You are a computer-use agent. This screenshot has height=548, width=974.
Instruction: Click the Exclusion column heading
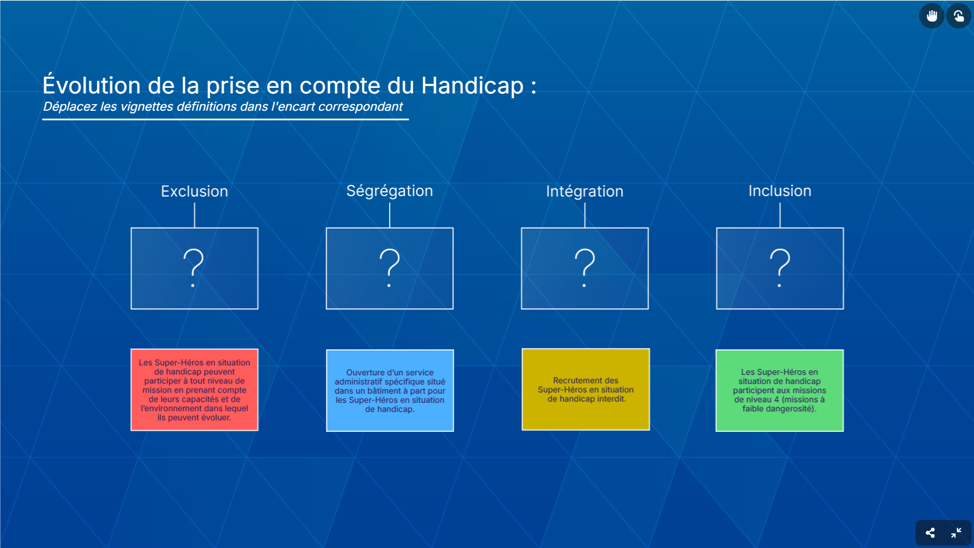click(x=194, y=191)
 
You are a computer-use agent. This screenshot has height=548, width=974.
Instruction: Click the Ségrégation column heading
click(x=389, y=191)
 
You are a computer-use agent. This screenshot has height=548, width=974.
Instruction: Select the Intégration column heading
click(x=585, y=191)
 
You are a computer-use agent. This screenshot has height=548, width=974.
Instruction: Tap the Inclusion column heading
click(x=780, y=191)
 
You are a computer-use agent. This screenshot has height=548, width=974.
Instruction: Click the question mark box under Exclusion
click(x=194, y=268)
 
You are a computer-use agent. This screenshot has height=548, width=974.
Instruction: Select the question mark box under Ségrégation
click(x=389, y=268)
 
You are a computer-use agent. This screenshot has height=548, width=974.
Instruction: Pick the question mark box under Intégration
click(x=585, y=268)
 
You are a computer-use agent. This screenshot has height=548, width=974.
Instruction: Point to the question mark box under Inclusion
click(x=780, y=268)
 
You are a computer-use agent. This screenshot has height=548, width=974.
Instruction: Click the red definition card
click(x=194, y=390)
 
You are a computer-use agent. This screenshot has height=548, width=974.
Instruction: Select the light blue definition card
click(x=390, y=391)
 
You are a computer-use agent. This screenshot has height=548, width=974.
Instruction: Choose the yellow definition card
click(x=586, y=390)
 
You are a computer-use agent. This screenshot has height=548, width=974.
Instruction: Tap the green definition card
click(x=780, y=391)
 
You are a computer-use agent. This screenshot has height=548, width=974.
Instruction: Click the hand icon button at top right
click(x=932, y=16)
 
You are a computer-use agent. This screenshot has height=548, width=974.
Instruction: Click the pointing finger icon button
click(x=959, y=16)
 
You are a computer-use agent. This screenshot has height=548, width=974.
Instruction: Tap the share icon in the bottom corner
click(x=930, y=533)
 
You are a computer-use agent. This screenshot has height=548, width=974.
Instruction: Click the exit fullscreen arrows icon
click(x=956, y=533)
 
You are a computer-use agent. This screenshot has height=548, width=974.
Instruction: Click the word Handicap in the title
click(x=473, y=86)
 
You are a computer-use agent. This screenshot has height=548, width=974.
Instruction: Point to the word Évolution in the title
click(x=92, y=84)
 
